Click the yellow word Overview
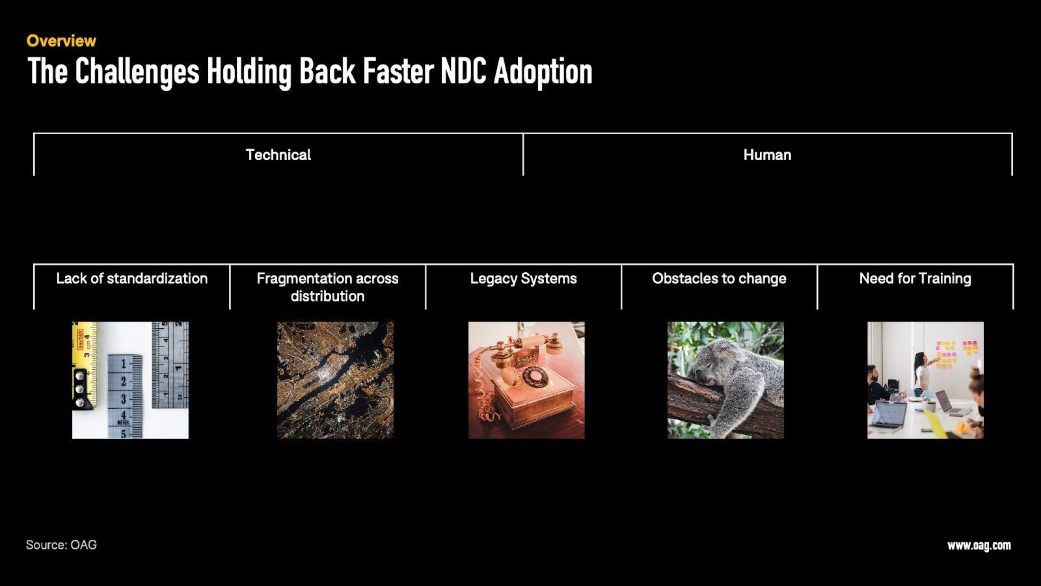61,41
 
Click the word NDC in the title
463,72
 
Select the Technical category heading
278,155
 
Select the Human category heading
767,155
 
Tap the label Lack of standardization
132,278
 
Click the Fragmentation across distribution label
328,287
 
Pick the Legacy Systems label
523,279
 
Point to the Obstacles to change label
720,278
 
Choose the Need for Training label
915,279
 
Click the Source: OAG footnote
61,544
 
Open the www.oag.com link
979,545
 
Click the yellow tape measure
84,365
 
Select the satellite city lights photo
335,380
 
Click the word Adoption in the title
543,73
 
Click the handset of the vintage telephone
530,344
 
